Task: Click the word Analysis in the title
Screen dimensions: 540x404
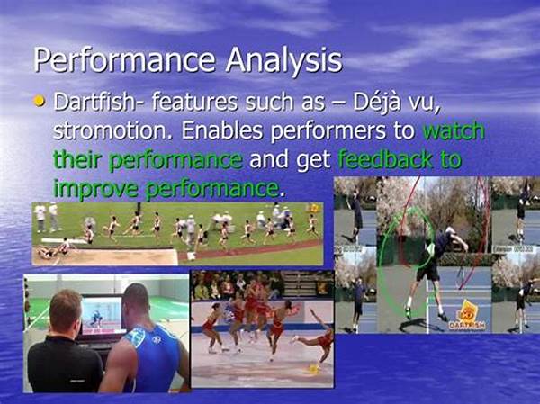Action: tap(283, 60)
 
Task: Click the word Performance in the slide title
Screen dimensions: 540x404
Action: tap(124, 59)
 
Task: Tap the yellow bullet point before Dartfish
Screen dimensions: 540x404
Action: tap(40, 101)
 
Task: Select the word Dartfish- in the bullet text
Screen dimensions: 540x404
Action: tap(98, 103)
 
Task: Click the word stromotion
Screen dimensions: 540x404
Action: tap(113, 130)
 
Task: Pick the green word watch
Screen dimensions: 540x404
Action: tap(454, 130)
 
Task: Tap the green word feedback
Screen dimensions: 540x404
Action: tap(385, 159)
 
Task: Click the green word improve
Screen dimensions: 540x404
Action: tap(95, 189)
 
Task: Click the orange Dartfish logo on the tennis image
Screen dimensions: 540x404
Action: tap(468, 316)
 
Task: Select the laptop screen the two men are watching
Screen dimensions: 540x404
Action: tap(103, 315)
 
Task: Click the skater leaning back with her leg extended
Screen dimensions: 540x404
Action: tap(314, 336)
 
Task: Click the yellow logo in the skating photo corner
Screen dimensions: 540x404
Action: tap(313, 369)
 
